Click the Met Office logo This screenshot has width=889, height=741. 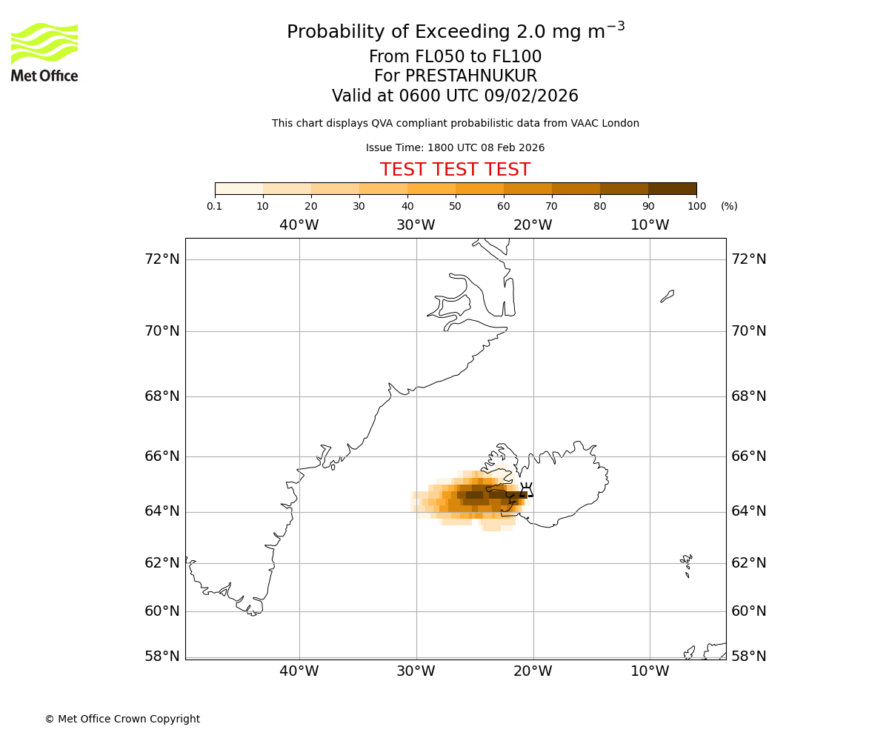(x=44, y=52)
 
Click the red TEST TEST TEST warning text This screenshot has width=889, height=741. (x=455, y=170)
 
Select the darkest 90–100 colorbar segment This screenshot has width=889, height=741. (x=672, y=188)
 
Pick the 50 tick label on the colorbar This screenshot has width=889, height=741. (x=455, y=206)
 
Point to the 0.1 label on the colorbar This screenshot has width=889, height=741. (x=214, y=206)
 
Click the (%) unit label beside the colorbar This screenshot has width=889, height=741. (x=729, y=206)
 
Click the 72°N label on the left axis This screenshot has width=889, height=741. (x=162, y=259)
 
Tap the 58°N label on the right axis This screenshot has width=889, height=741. (x=748, y=657)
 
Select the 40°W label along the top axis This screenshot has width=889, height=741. (x=299, y=225)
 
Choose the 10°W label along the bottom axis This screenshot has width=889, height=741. (x=650, y=671)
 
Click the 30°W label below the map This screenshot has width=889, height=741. (x=416, y=671)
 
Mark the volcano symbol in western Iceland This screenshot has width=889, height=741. (x=527, y=490)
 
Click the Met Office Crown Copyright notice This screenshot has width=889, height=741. (x=122, y=719)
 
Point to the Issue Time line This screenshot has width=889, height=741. (x=455, y=147)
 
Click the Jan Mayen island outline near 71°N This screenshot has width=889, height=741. (x=667, y=296)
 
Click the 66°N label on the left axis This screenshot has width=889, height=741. (x=162, y=456)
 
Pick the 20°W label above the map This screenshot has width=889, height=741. (x=533, y=225)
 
